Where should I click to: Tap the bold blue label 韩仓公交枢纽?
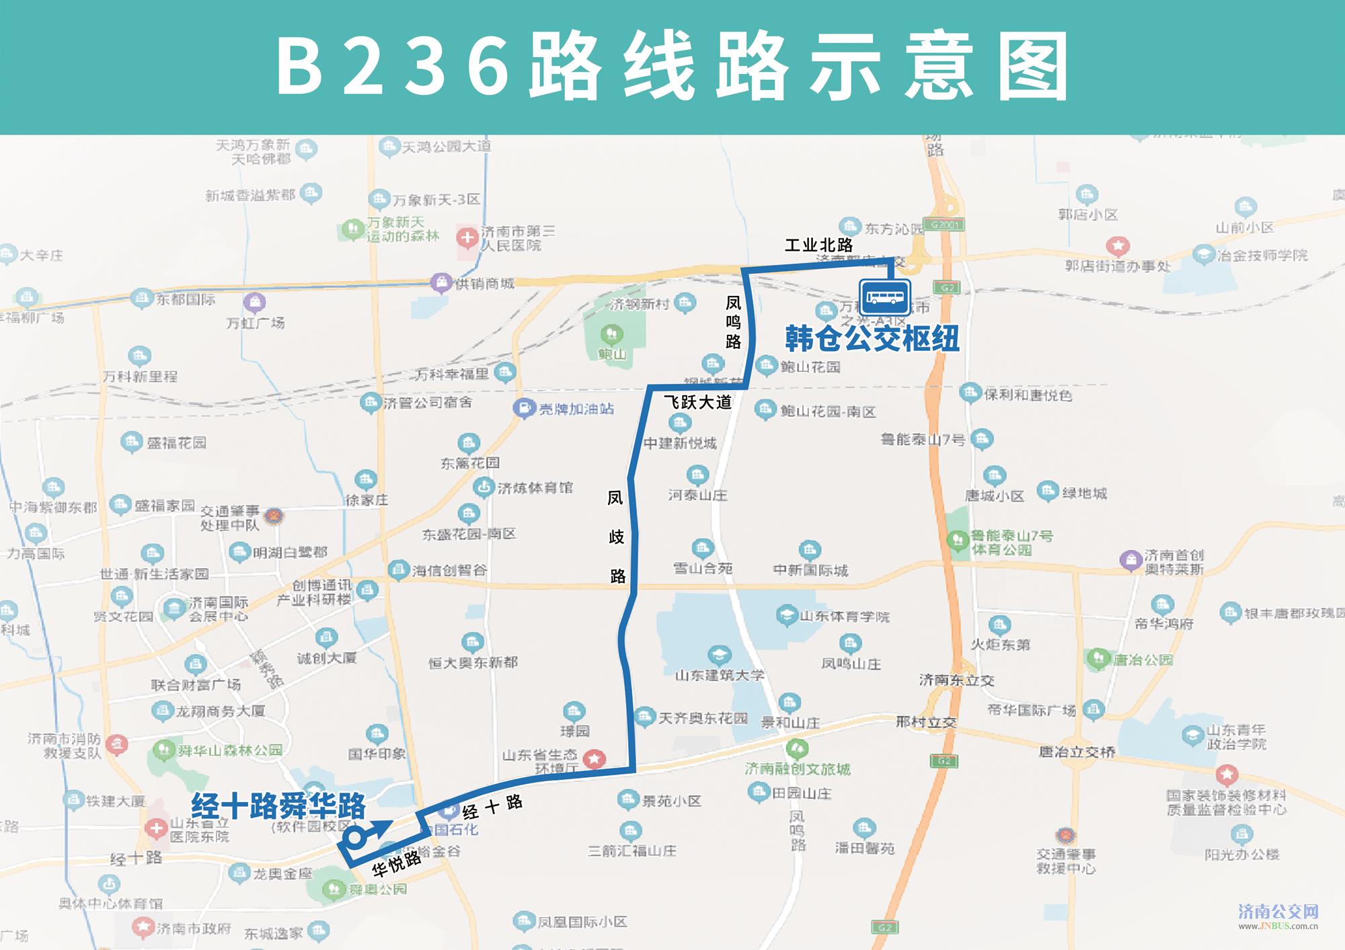coord(872,338)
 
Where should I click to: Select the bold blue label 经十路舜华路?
coord(278,805)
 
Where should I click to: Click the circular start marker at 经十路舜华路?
coord(354,838)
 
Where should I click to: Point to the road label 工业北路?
coord(818,245)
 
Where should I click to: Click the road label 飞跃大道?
coord(697,402)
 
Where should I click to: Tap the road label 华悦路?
coord(397,863)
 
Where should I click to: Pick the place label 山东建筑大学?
coord(720,674)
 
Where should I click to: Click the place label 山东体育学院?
coord(844,616)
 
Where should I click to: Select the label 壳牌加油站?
coord(576,409)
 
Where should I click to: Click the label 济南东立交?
coord(956,680)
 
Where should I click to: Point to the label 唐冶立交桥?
coord(1077,752)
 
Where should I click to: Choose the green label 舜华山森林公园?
coord(229,750)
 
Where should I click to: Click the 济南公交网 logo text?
coord(1278,912)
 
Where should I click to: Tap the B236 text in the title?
coord(393,66)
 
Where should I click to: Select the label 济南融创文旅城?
coord(798,768)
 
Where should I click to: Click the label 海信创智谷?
coord(449,571)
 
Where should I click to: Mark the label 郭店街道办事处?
coord(1117,266)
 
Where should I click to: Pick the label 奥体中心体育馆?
coord(110,903)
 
